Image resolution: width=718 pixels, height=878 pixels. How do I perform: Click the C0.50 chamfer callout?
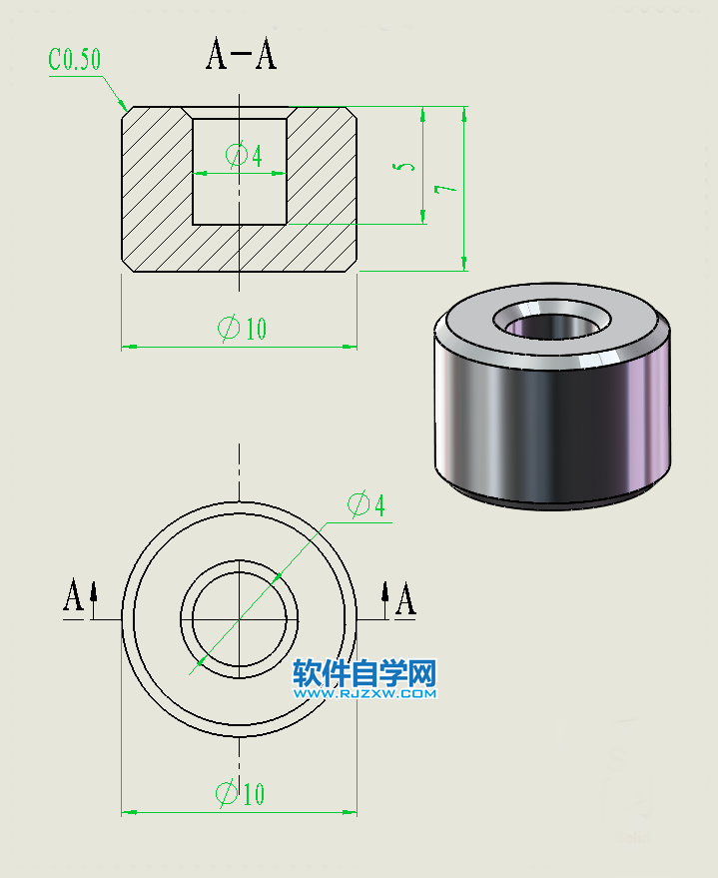coord(75,60)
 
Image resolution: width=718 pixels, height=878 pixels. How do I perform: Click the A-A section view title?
coord(241,56)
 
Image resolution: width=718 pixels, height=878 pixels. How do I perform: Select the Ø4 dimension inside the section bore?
coord(245,156)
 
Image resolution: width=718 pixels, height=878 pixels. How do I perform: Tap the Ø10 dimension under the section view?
coord(242,328)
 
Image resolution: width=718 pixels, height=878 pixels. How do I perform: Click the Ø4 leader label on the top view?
coord(365,505)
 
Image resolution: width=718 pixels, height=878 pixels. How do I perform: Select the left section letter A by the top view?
coord(73,598)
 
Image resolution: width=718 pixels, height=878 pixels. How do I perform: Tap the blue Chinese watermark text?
coord(364,674)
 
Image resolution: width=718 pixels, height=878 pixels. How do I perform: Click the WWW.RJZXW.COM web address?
coord(364,693)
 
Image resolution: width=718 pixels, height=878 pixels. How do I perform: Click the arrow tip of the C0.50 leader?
coord(125,107)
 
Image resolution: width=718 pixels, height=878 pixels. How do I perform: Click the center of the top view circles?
coord(240,619)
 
